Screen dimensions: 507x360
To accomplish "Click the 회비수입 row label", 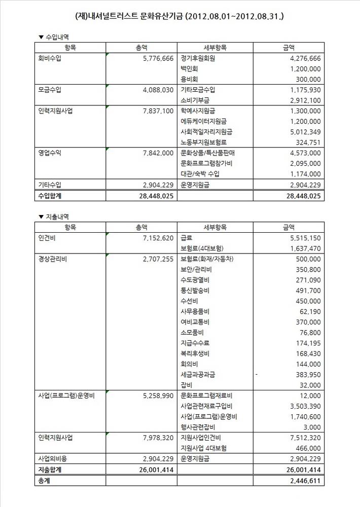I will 49,58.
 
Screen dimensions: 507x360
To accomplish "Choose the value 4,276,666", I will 302,58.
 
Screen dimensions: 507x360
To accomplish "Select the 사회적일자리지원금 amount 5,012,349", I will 302,132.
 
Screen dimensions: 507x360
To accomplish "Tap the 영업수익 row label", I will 49,153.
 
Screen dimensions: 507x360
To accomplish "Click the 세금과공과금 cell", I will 198,374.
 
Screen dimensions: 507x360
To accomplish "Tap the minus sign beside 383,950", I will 257,374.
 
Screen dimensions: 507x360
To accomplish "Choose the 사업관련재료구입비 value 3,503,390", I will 302,406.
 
